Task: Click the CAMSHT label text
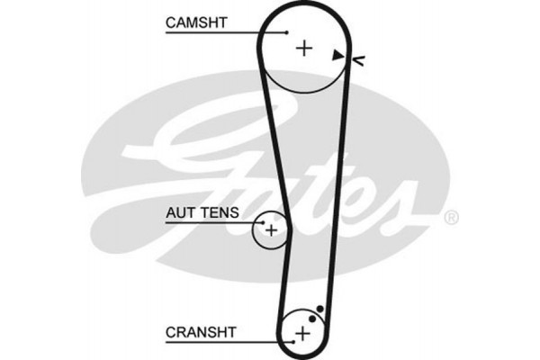(196, 21)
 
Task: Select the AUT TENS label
(201, 213)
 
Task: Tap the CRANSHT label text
(200, 331)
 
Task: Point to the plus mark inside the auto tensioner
(269, 230)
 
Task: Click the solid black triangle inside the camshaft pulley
(337, 56)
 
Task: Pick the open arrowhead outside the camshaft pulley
(358, 60)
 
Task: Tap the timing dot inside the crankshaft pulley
(311, 319)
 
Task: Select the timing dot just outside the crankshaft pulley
(319, 309)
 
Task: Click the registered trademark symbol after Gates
(452, 217)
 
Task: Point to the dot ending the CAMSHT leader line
(286, 33)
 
